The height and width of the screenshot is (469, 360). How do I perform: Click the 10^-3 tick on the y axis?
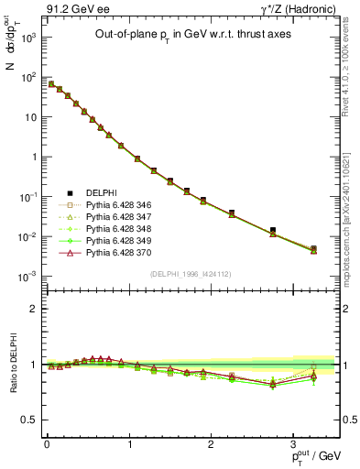pos(28,276)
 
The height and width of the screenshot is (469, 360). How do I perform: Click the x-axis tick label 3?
pos(293,444)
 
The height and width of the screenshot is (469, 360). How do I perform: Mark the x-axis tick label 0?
pos(47,444)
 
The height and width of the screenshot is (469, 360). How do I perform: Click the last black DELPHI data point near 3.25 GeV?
pos(313,248)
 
